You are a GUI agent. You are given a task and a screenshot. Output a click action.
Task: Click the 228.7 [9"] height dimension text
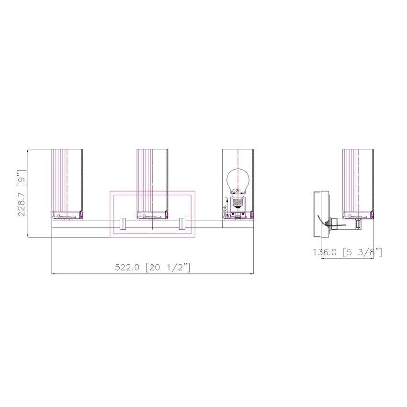(22, 192)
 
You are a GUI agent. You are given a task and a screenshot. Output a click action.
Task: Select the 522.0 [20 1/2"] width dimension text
(152, 267)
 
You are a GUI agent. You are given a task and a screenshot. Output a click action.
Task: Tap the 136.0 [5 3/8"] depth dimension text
(347, 252)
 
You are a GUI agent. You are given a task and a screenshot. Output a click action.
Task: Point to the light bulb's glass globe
(237, 180)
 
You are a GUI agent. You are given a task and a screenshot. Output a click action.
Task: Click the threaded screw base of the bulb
(237, 202)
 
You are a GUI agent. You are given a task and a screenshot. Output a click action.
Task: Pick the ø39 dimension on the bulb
(235, 191)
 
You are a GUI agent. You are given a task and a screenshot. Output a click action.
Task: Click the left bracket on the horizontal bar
(122, 224)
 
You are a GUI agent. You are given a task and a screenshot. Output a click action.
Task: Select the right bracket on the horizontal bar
(182, 224)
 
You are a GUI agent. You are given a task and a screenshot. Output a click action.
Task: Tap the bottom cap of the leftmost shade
(68, 215)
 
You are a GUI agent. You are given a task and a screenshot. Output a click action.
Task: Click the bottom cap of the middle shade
(152, 215)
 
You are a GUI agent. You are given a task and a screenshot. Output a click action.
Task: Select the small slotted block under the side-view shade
(358, 224)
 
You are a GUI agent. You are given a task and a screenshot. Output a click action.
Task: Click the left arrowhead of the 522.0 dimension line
(53, 274)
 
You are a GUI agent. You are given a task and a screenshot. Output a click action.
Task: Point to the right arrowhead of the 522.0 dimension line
(252, 274)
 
